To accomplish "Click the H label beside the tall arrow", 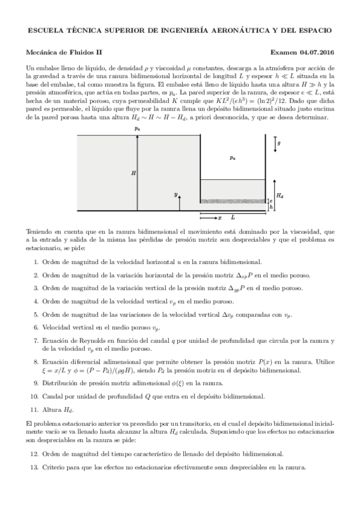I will [133, 172].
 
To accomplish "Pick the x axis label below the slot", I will [219, 217].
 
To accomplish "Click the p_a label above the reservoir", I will [138, 128].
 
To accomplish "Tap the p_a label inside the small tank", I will [233, 158].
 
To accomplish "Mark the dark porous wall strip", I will [233, 200].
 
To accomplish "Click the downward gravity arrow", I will [275, 143].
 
